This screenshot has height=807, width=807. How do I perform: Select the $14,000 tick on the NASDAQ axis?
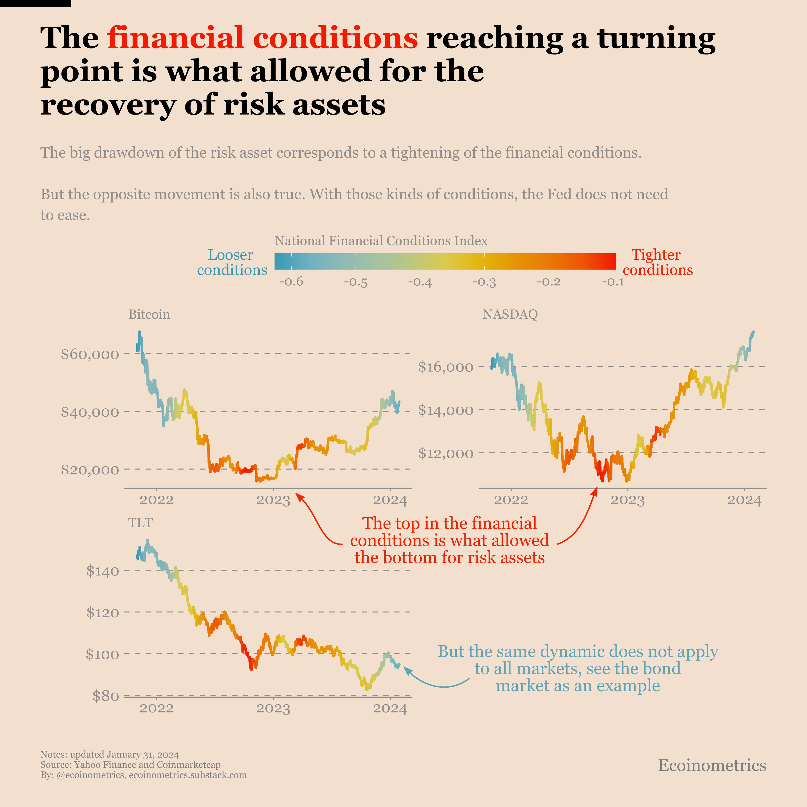[x=446, y=410]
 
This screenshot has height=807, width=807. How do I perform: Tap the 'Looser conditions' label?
[x=232, y=262]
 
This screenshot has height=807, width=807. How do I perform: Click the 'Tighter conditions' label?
[x=657, y=262]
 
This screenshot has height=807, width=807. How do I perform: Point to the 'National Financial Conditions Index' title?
[x=381, y=241]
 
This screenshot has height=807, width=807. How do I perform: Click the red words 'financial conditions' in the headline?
[x=262, y=38]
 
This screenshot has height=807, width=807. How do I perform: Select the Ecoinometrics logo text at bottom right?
[x=712, y=765]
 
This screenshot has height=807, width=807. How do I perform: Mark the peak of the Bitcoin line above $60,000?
[x=140, y=332]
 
